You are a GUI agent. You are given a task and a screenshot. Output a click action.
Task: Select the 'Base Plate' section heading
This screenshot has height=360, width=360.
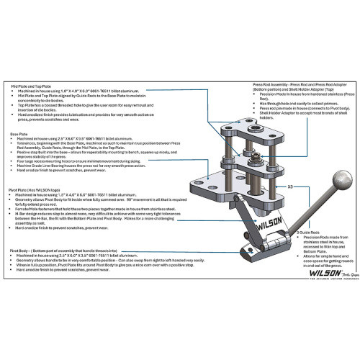click(19, 133)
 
